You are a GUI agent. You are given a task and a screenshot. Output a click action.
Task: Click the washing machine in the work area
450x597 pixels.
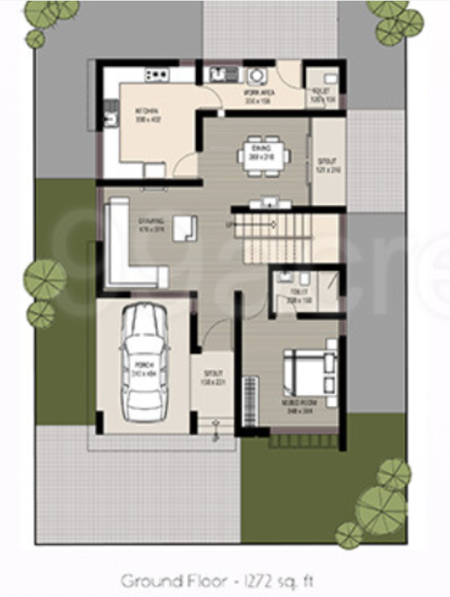[x=257, y=74]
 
